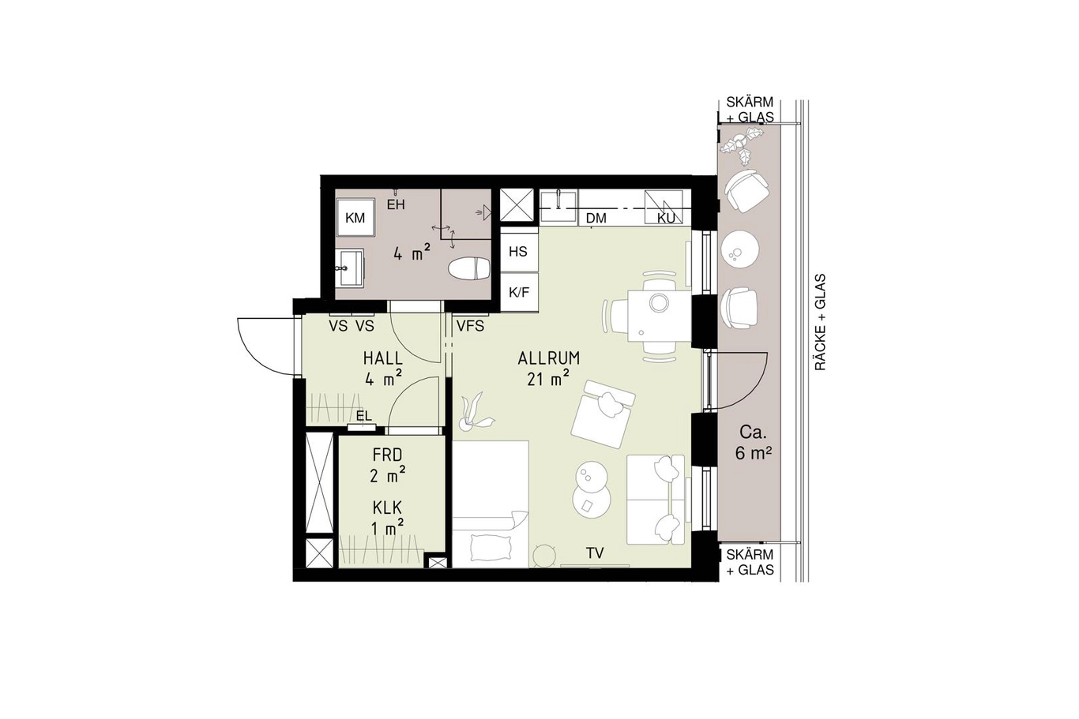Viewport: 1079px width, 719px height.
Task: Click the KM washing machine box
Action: pos(356,217)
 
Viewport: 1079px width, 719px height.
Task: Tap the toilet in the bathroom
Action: pos(470,268)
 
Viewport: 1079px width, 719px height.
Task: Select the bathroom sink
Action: pos(350,268)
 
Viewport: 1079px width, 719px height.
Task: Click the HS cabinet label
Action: pos(518,252)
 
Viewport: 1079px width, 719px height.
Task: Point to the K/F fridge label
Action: pos(519,292)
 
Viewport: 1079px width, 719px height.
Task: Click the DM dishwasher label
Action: pos(596,219)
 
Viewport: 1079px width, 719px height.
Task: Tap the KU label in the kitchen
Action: pos(666,219)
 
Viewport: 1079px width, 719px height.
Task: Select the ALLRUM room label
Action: pos(549,358)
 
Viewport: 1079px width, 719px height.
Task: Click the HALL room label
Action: pos(383,358)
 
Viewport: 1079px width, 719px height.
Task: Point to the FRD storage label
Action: pos(387,455)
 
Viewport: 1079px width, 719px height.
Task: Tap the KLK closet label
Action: pos(387,507)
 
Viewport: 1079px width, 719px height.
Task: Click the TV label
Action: pos(596,553)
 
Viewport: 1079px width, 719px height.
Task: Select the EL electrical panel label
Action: pos(364,416)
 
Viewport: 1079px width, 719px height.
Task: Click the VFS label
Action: pos(470,326)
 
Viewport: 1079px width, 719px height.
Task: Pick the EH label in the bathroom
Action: pos(396,205)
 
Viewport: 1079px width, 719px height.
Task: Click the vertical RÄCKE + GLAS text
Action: pos(821,323)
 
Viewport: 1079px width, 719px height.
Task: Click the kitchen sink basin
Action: pos(558,208)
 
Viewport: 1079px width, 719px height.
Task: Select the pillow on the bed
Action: pos(491,549)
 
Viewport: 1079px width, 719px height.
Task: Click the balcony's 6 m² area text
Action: pos(751,453)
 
